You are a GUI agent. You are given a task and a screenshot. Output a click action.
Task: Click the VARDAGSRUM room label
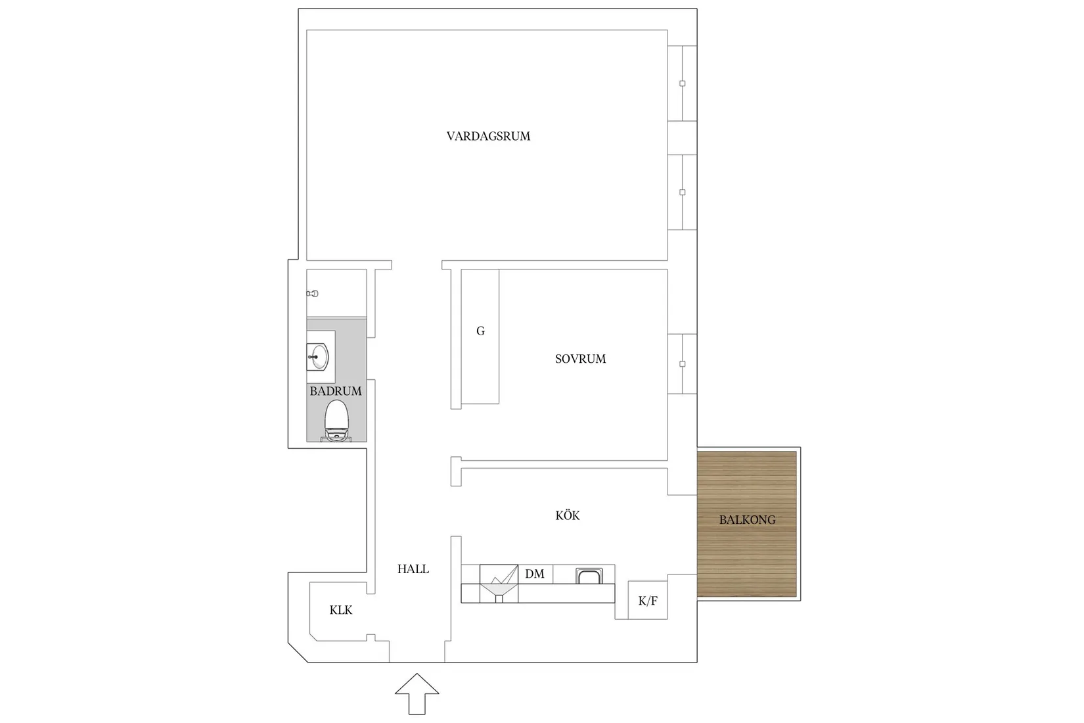(488, 137)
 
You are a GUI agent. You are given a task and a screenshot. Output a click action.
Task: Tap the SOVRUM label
(580, 359)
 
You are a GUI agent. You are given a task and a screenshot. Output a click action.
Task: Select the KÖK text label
(568, 516)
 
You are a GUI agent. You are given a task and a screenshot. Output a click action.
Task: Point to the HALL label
(413, 569)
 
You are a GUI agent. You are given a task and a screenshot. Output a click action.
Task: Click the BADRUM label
(336, 391)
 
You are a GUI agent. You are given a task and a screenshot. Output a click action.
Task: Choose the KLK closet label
(341, 610)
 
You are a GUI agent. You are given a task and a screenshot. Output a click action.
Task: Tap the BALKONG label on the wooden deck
(747, 520)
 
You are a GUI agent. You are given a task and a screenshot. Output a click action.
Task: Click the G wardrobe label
(480, 331)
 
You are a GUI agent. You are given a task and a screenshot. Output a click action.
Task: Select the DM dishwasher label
(535, 574)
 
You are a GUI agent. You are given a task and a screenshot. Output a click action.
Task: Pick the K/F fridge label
(648, 601)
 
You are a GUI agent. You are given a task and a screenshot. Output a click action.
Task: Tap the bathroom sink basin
(319, 357)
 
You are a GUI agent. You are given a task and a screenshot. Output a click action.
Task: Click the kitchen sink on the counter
(589, 576)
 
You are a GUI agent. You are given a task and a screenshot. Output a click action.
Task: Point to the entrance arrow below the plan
(417, 693)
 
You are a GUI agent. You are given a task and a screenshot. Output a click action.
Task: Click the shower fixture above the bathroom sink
(313, 294)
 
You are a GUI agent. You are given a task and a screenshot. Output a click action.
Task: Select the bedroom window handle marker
(683, 363)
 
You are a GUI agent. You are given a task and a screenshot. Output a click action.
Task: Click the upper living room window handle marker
(683, 83)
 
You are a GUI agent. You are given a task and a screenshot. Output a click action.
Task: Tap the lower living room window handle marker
(683, 193)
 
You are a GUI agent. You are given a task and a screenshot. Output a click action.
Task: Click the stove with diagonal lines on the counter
(499, 583)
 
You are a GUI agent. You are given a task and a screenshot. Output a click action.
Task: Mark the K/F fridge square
(648, 600)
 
